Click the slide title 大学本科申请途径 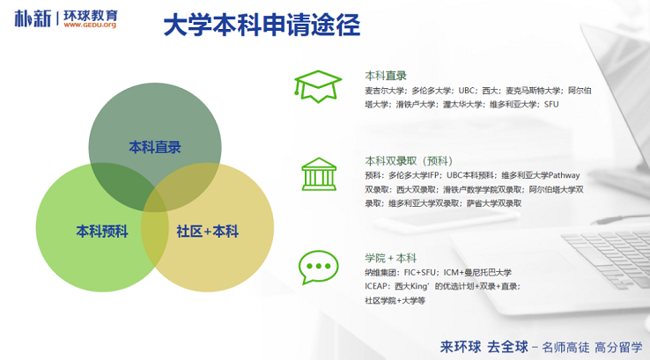262,25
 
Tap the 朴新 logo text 33,18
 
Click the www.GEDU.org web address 90,25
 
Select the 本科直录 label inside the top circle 155,147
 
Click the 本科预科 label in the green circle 102,231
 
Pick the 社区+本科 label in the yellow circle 207,231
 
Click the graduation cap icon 318,86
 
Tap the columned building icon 319,174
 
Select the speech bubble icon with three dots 318,268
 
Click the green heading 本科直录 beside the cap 386,76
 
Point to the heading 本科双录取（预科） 409,161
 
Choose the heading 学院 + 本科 390,258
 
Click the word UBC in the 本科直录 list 466,91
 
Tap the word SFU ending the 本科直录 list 551,105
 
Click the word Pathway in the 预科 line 565,176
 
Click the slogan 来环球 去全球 484,347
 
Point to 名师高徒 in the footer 565,347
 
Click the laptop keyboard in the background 608,254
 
